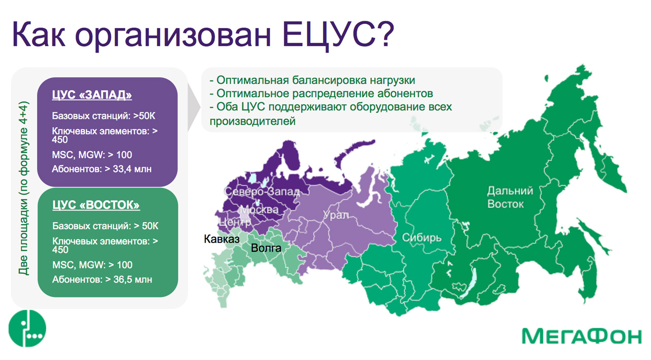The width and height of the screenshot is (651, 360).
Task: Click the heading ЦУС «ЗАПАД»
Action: [x=92, y=95]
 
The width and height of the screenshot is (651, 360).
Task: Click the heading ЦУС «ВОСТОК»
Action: [x=96, y=205]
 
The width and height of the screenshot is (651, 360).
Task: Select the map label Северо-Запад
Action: [x=262, y=192]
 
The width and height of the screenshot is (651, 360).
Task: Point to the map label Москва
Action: [x=259, y=210]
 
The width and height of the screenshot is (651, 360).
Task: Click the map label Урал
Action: [x=336, y=215]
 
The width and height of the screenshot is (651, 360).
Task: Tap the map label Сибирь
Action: [x=422, y=238]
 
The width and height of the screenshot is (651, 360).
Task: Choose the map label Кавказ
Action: [x=222, y=239]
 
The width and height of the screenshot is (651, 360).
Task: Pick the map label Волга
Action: [x=266, y=248]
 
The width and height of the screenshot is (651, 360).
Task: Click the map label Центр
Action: [x=234, y=222]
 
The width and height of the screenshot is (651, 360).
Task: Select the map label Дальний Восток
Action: [x=510, y=198]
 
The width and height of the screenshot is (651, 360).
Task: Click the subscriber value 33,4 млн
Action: [x=132, y=169]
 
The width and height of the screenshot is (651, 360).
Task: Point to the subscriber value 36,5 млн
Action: [x=133, y=280]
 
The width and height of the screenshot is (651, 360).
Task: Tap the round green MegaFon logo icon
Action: [x=27, y=328]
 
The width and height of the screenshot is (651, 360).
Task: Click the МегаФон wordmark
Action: [x=581, y=336]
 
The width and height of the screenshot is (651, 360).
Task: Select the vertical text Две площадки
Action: [x=23, y=237]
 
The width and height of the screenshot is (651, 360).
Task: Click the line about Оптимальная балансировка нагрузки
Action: [x=312, y=80]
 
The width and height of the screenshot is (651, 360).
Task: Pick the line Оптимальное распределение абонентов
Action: [x=321, y=94]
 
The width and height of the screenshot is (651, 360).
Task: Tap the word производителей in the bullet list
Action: [x=253, y=122]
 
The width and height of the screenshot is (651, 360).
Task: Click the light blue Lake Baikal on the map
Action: [x=469, y=284]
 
